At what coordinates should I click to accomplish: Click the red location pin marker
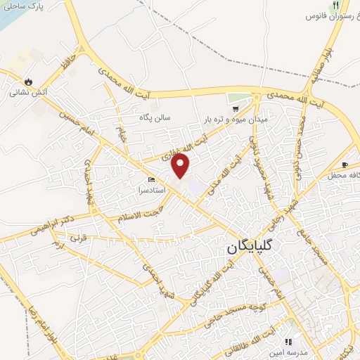(x=181, y=166)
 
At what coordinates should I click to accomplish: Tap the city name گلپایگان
(x=259, y=249)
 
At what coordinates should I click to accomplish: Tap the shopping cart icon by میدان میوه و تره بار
(x=236, y=109)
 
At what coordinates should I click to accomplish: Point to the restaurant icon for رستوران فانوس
(x=316, y=5)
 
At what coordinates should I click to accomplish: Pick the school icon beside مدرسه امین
(x=288, y=342)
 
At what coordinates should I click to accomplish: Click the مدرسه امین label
(x=304, y=352)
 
